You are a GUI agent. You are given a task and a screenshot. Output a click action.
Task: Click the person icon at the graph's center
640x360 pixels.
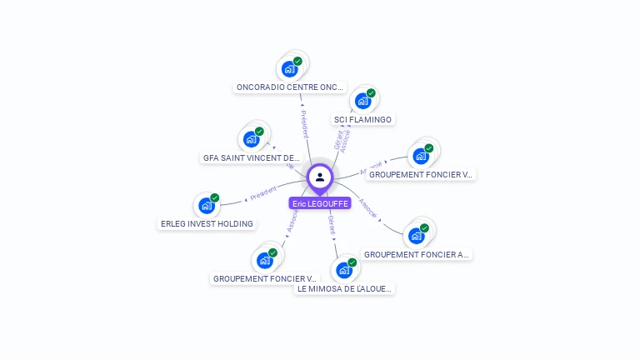coord(320,177)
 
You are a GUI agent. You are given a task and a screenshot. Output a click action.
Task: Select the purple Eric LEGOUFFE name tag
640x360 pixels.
coord(320,203)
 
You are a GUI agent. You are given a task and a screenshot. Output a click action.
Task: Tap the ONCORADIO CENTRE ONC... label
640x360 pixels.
coord(289,87)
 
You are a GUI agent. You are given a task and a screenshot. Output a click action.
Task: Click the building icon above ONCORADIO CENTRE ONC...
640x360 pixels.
coord(289,68)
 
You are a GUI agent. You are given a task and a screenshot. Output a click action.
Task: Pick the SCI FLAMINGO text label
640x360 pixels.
coord(362,119)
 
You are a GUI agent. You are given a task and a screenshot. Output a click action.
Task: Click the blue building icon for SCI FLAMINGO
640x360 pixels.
coord(362,101)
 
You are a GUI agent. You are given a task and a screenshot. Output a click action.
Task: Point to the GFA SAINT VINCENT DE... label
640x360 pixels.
coord(251,157)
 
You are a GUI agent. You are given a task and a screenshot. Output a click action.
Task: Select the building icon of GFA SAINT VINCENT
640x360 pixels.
coord(251,139)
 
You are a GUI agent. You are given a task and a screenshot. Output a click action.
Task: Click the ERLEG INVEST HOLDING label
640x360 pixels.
coord(207,223)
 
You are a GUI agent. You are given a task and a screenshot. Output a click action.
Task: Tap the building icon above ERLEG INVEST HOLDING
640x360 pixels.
coord(206,206)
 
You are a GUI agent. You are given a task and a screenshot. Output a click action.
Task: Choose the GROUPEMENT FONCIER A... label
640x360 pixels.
coord(417,254)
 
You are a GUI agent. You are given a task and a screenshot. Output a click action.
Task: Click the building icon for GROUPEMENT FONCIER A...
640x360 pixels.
coord(417,236)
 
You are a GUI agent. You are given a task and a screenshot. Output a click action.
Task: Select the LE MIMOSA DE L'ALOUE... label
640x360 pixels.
coord(345,288)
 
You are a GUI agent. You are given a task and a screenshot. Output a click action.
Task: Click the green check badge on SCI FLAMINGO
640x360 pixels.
coord(371,93)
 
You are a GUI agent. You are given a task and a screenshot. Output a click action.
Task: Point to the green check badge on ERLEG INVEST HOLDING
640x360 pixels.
coord(215,198)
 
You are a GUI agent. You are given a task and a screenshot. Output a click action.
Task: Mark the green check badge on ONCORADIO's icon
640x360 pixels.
coord(297,61)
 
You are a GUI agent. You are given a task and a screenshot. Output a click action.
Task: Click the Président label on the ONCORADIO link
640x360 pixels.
coord(304,123)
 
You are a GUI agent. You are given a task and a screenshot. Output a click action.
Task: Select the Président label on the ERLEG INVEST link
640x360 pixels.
coord(263,192)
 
